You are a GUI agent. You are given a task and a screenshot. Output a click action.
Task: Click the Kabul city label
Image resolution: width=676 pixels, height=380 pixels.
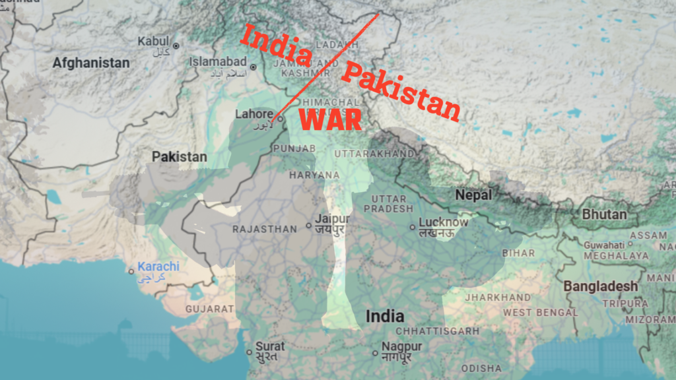[x=153, y=42]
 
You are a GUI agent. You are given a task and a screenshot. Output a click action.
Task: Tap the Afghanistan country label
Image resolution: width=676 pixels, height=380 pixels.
[x=91, y=63]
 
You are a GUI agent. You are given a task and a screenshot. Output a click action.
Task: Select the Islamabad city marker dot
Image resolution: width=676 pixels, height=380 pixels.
[x=253, y=67]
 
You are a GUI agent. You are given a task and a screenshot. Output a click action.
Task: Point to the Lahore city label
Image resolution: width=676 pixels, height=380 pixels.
[x=254, y=114]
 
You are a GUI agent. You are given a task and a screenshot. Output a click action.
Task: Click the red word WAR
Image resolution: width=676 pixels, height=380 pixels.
[x=331, y=121]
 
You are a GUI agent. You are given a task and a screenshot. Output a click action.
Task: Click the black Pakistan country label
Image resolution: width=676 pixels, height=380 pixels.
[x=179, y=157]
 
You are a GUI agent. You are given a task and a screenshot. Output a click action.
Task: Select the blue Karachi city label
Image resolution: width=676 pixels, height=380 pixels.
[x=158, y=267]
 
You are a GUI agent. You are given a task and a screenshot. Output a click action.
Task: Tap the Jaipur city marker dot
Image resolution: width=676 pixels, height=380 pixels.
[x=308, y=226]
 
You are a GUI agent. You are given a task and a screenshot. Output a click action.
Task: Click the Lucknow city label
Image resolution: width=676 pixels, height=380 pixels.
[x=443, y=222]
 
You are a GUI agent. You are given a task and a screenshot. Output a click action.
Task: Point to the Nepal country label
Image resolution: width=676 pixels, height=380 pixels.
[x=473, y=195]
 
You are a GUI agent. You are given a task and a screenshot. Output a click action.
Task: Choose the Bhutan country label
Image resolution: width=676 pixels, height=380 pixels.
[x=604, y=214]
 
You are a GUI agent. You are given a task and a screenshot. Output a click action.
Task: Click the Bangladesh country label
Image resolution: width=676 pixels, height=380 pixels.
[x=600, y=286]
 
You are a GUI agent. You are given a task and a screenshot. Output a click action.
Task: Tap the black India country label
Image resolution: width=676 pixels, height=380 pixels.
[x=385, y=317]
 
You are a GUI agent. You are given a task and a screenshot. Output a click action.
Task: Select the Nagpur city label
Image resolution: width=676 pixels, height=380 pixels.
[x=401, y=346]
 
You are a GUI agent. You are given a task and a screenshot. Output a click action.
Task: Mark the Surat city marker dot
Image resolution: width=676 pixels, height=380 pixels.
[x=248, y=352]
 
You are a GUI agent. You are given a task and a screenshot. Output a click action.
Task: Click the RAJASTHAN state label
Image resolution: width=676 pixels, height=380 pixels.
[x=265, y=229]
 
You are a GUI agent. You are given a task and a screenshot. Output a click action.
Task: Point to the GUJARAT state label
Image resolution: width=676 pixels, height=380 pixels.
[x=209, y=308]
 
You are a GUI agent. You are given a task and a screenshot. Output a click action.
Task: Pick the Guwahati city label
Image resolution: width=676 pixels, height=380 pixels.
[x=604, y=245]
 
